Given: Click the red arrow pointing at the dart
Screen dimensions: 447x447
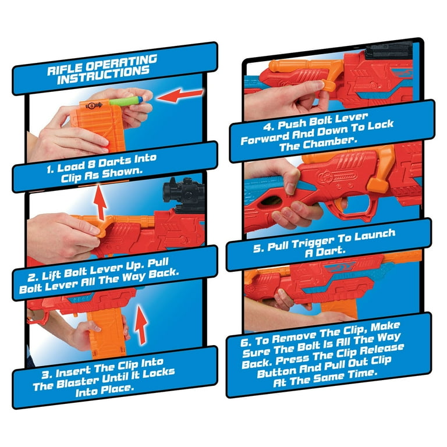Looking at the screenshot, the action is [179, 95].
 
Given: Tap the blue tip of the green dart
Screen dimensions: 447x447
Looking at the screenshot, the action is [140, 100].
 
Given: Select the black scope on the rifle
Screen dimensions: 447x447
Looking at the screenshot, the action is [184, 194].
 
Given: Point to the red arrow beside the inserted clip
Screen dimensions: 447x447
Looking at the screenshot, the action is [141, 324].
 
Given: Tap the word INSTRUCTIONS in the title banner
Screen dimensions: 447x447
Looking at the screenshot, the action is [103, 76].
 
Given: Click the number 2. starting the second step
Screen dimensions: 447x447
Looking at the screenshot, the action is [33, 277].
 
